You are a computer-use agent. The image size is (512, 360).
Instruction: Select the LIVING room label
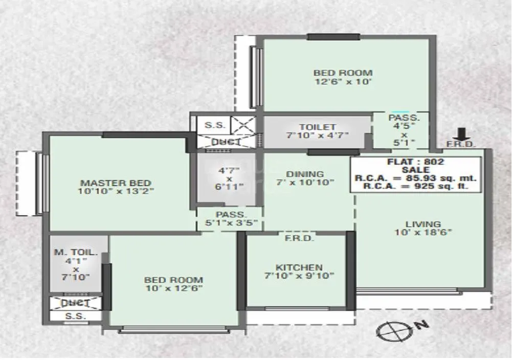click(x=423, y=223)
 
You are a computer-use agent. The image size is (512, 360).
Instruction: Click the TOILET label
click(x=318, y=127)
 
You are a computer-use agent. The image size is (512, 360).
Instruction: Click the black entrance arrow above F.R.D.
click(x=462, y=134)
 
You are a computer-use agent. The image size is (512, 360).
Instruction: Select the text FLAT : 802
click(x=415, y=162)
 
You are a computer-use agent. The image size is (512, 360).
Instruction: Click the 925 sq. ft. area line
click(x=415, y=187)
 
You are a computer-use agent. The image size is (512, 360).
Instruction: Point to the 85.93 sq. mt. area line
click(x=415, y=178)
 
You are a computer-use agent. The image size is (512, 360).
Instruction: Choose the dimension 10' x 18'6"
click(x=423, y=232)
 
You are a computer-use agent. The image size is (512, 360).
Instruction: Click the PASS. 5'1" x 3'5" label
click(x=230, y=219)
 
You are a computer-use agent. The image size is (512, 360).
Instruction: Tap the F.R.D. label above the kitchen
click(x=299, y=238)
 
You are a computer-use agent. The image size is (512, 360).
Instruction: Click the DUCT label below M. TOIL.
click(x=76, y=303)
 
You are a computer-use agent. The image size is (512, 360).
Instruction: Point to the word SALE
click(x=415, y=170)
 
